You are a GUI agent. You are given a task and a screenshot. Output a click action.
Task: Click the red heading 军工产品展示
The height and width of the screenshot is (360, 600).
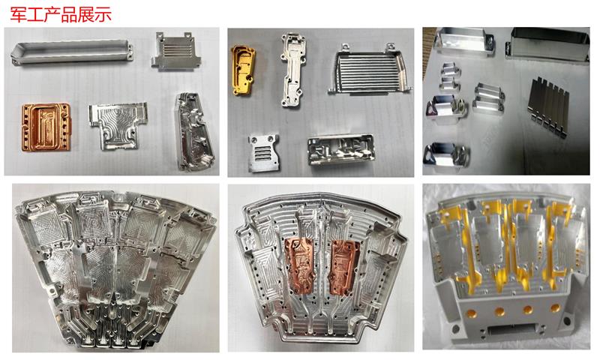(61, 14)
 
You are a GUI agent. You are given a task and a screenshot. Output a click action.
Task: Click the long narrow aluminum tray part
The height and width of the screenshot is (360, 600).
(72, 52)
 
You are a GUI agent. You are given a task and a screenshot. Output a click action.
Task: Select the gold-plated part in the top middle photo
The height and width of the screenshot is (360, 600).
(243, 70)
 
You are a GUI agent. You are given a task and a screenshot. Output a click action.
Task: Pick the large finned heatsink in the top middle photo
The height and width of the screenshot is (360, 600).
(370, 69)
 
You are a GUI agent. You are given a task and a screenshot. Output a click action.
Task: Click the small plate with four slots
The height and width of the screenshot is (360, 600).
(263, 152)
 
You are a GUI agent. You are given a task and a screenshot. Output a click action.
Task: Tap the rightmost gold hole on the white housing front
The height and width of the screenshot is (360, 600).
(555, 307)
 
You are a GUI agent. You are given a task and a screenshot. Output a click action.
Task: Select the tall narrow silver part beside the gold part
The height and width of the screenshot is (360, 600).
(293, 69)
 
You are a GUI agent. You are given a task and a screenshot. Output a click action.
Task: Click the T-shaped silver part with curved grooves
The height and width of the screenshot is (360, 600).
(118, 125)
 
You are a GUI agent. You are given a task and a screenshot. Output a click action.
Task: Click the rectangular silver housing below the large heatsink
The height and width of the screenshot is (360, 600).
(340, 149)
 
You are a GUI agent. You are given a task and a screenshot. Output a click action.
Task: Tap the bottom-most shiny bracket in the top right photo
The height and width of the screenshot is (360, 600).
(446, 155)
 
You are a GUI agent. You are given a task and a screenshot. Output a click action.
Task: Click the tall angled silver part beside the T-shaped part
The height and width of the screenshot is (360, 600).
(193, 130)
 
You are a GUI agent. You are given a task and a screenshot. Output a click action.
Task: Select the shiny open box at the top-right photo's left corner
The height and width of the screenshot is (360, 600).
(463, 43)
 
